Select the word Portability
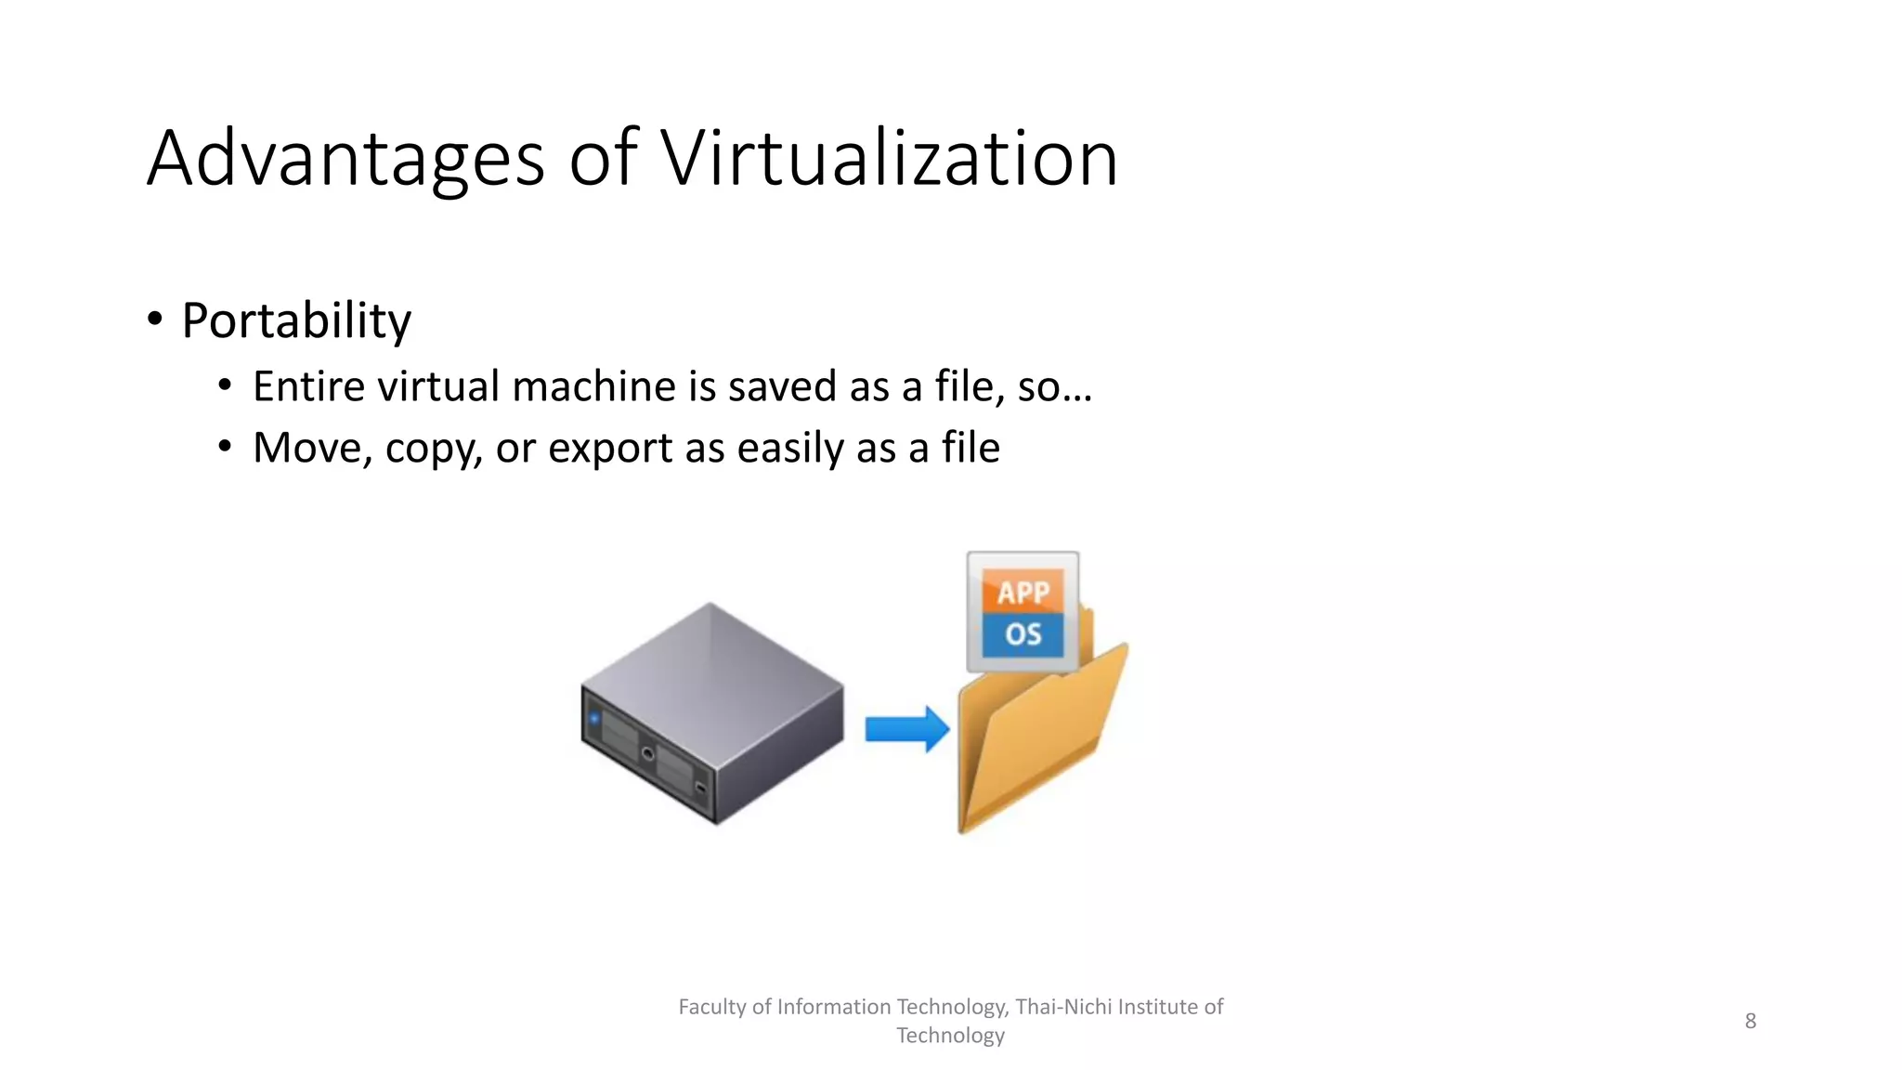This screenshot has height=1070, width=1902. tap(296, 321)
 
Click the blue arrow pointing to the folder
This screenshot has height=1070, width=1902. tap(906, 729)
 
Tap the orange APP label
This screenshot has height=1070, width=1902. tap(1023, 592)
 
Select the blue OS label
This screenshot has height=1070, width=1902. tap(1023, 634)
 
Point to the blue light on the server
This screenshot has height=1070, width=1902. tap(594, 718)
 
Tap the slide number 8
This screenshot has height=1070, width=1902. tap(1750, 1021)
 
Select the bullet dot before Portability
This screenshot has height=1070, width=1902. tap(155, 320)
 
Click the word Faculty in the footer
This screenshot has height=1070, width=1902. tap(712, 1007)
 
